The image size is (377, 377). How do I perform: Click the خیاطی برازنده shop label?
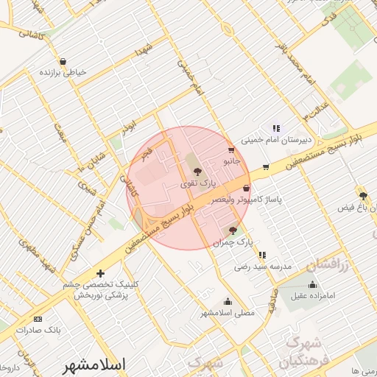[x=64, y=72]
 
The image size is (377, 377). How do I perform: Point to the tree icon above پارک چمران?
[x=233, y=230]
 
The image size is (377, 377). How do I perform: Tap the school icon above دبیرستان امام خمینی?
[x=276, y=127]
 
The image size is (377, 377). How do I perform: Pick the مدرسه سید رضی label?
[x=263, y=265]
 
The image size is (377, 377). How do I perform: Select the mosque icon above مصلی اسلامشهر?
[x=228, y=300]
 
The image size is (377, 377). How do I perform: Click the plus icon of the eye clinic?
[x=101, y=273]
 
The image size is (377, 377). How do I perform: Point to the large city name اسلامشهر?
[x=94, y=364]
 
